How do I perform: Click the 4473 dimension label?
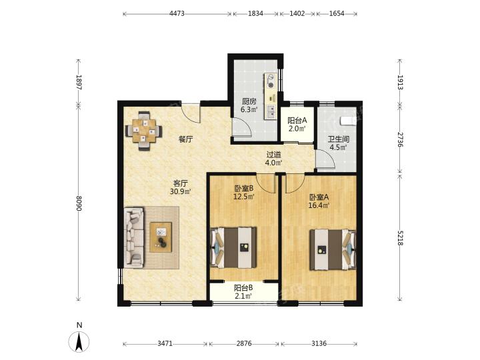point(177,13)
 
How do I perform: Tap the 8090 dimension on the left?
point(79,203)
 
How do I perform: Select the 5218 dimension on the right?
point(400,237)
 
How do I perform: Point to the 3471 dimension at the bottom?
point(165,343)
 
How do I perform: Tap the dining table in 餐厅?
point(144,131)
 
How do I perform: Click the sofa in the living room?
point(134,238)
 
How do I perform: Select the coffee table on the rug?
point(161,237)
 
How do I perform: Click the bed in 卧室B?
point(233,247)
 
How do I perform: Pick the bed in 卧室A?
point(333,249)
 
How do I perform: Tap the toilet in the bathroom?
point(348,121)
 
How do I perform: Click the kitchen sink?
point(271,111)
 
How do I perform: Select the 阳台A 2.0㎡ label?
point(297,125)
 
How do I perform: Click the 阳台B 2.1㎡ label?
point(243,292)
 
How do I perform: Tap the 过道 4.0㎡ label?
point(273,159)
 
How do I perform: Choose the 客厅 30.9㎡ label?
point(181,187)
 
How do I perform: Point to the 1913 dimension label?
point(400,82)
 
